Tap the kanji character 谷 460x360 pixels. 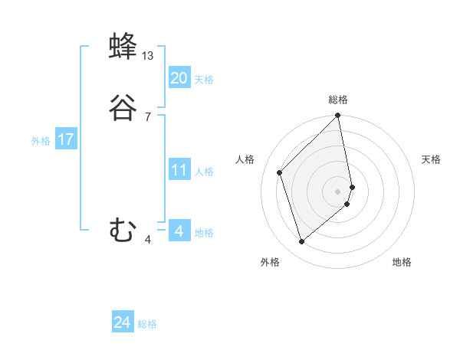coord(123,109)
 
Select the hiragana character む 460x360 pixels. coord(123,230)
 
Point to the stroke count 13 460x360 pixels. coord(148,56)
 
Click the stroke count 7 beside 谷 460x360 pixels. coord(147,116)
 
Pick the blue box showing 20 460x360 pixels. coord(179,77)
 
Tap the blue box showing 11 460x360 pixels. coord(179,170)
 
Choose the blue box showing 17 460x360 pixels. coord(66,140)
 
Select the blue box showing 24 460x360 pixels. coord(123,322)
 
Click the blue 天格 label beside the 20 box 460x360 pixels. coord(204,80)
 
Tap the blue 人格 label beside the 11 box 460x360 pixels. coord(205,172)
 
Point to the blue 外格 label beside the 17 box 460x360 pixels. coord(41,141)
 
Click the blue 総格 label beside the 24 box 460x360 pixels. coord(147,324)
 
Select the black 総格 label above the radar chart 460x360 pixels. coord(338,100)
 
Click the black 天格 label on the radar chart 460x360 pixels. coord(431,159)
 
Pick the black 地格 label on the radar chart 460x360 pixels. coord(402,262)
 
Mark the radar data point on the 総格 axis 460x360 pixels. coord(338,116)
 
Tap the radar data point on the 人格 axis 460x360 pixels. coord(280,172)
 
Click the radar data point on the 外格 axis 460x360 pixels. coord(301,242)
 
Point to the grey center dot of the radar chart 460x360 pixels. coord(338,191)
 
